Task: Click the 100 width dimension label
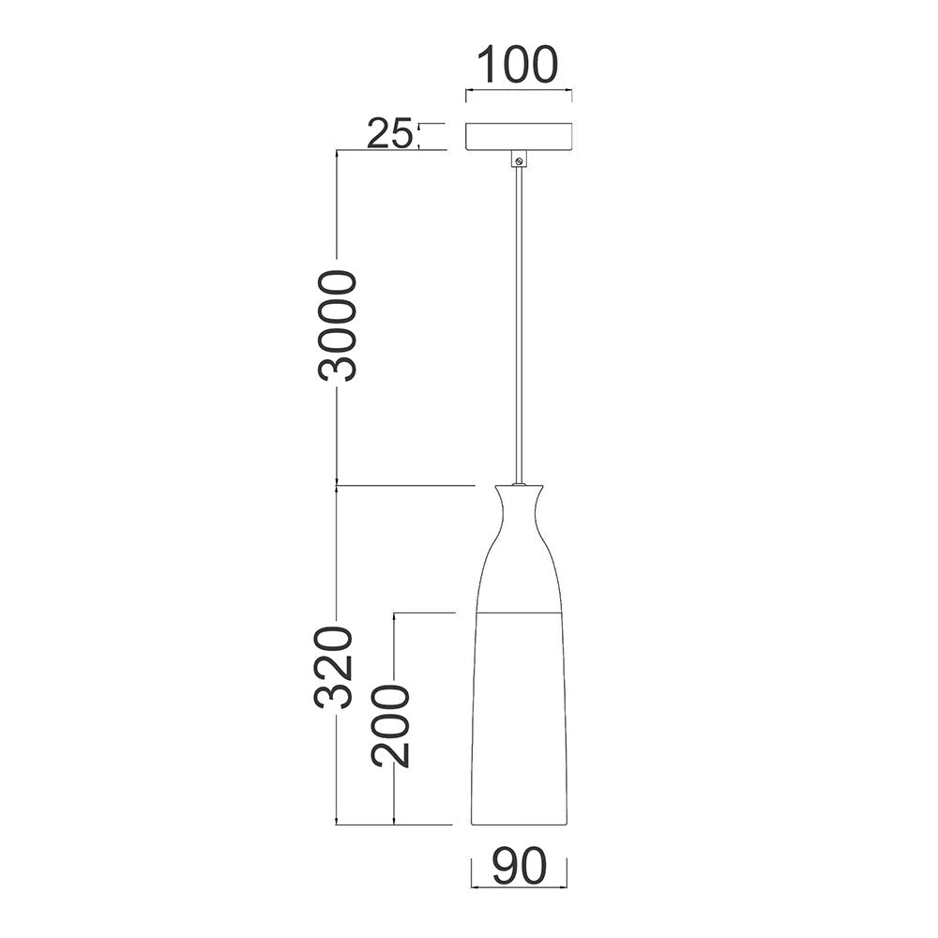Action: click(x=518, y=64)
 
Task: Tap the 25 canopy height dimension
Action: click(x=389, y=133)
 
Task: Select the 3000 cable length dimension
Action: click(x=337, y=325)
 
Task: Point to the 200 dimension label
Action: click(x=390, y=726)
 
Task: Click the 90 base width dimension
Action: click(x=520, y=866)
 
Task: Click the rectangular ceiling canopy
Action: click(x=519, y=136)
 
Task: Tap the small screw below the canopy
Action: click(x=520, y=160)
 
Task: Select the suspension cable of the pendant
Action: click(x=519, y=325)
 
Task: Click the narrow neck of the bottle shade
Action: click(x=519, y=513)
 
